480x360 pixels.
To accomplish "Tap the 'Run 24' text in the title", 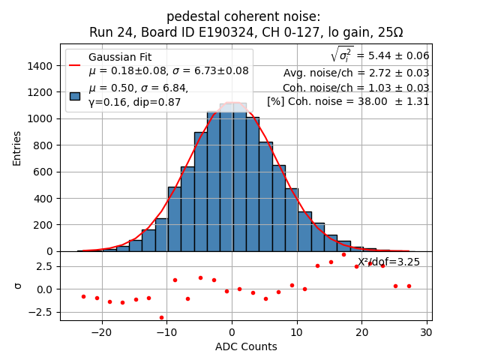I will [109, 32].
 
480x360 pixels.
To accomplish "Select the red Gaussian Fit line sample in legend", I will [74, 64].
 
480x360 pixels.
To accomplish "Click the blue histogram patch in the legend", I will [74, 95].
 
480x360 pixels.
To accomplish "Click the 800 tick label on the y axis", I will [44, 145].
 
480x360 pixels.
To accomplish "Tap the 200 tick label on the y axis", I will [44, 225].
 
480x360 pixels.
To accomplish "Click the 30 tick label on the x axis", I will [426, 332].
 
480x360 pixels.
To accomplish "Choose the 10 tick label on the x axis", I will [296, 332].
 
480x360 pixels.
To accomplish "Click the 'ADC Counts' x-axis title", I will [246, 346].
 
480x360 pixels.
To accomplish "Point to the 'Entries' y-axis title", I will [16, 148].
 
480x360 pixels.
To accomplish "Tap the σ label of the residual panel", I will [18, 286].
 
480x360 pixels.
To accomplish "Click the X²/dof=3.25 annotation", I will [388, 262].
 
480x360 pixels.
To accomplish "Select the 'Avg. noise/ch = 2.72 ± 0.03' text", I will [356, 73].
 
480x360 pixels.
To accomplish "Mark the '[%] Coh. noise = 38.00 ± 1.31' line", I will [348, 101].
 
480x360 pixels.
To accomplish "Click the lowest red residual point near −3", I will [161, 317].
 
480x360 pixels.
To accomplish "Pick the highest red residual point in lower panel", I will [343, 254].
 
